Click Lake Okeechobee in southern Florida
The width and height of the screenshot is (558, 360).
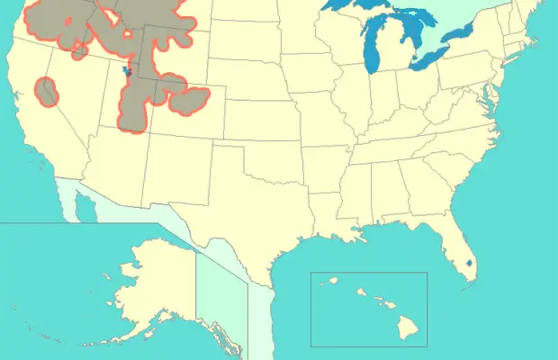pyautogui.click(x=471, y=265)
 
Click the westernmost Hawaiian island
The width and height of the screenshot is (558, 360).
pyautogui.click(x=330, y=280)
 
